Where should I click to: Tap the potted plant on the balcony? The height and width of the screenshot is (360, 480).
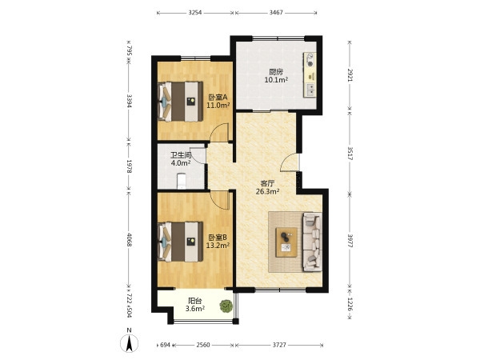(226, 306)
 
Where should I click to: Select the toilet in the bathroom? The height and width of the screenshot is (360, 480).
(182, 181)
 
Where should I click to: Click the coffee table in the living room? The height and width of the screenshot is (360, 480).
(286, 242)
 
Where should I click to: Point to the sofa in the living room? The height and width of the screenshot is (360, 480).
(312, 242)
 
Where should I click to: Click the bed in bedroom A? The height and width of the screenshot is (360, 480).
(180, 102)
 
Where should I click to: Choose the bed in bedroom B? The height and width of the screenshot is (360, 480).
(180, 242)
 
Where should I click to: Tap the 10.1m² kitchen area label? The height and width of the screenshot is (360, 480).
(276, 80)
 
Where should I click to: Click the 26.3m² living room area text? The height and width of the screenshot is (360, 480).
(267, 192)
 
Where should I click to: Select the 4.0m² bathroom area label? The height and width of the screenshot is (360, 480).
(181, 163)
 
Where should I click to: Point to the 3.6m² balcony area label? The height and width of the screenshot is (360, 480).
(195, 309)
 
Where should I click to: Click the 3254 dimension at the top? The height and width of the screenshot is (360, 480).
(195, 13)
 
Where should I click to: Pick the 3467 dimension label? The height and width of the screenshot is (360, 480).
(276, 13)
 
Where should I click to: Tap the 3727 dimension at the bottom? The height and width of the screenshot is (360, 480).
(279, 345)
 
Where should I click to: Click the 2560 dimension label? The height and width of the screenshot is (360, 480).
(203, 345)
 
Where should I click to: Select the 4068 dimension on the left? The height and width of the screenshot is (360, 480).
(129, 240)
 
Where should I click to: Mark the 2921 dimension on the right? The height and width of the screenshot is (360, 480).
(350, 74)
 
